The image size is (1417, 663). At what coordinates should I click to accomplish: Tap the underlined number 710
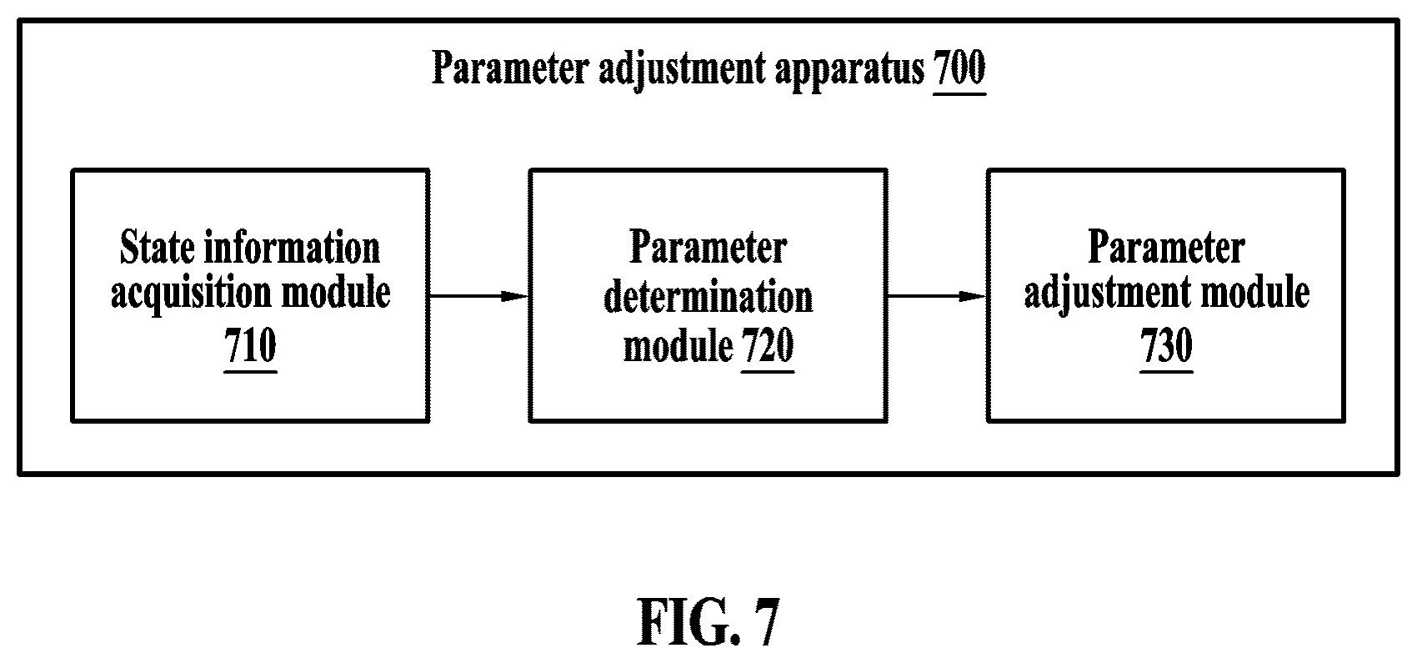point(251,346)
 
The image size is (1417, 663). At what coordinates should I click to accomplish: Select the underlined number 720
point(768,346)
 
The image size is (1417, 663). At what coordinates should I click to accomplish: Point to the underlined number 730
point(1166,346)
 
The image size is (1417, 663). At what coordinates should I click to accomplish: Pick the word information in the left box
point(293,248)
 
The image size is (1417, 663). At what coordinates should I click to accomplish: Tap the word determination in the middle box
point(708,297)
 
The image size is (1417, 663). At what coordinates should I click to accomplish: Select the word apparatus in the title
point(849,69)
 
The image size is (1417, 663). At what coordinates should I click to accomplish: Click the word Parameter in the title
point(510,68)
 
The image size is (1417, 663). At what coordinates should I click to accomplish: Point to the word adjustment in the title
point(682,69)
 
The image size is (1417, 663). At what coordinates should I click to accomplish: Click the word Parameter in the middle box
point(708,248)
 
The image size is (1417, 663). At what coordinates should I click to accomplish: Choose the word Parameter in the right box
point(1166,248)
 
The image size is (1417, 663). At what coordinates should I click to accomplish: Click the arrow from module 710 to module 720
point(479,295)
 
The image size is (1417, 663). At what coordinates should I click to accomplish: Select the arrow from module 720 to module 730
point(937,295)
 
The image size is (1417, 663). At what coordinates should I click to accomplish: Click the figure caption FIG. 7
point(708,622)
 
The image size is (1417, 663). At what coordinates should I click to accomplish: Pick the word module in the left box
point(336,292)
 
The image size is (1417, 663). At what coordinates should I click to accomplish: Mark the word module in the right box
point(1255,292)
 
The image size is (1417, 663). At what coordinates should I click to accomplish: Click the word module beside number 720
point(678,346)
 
